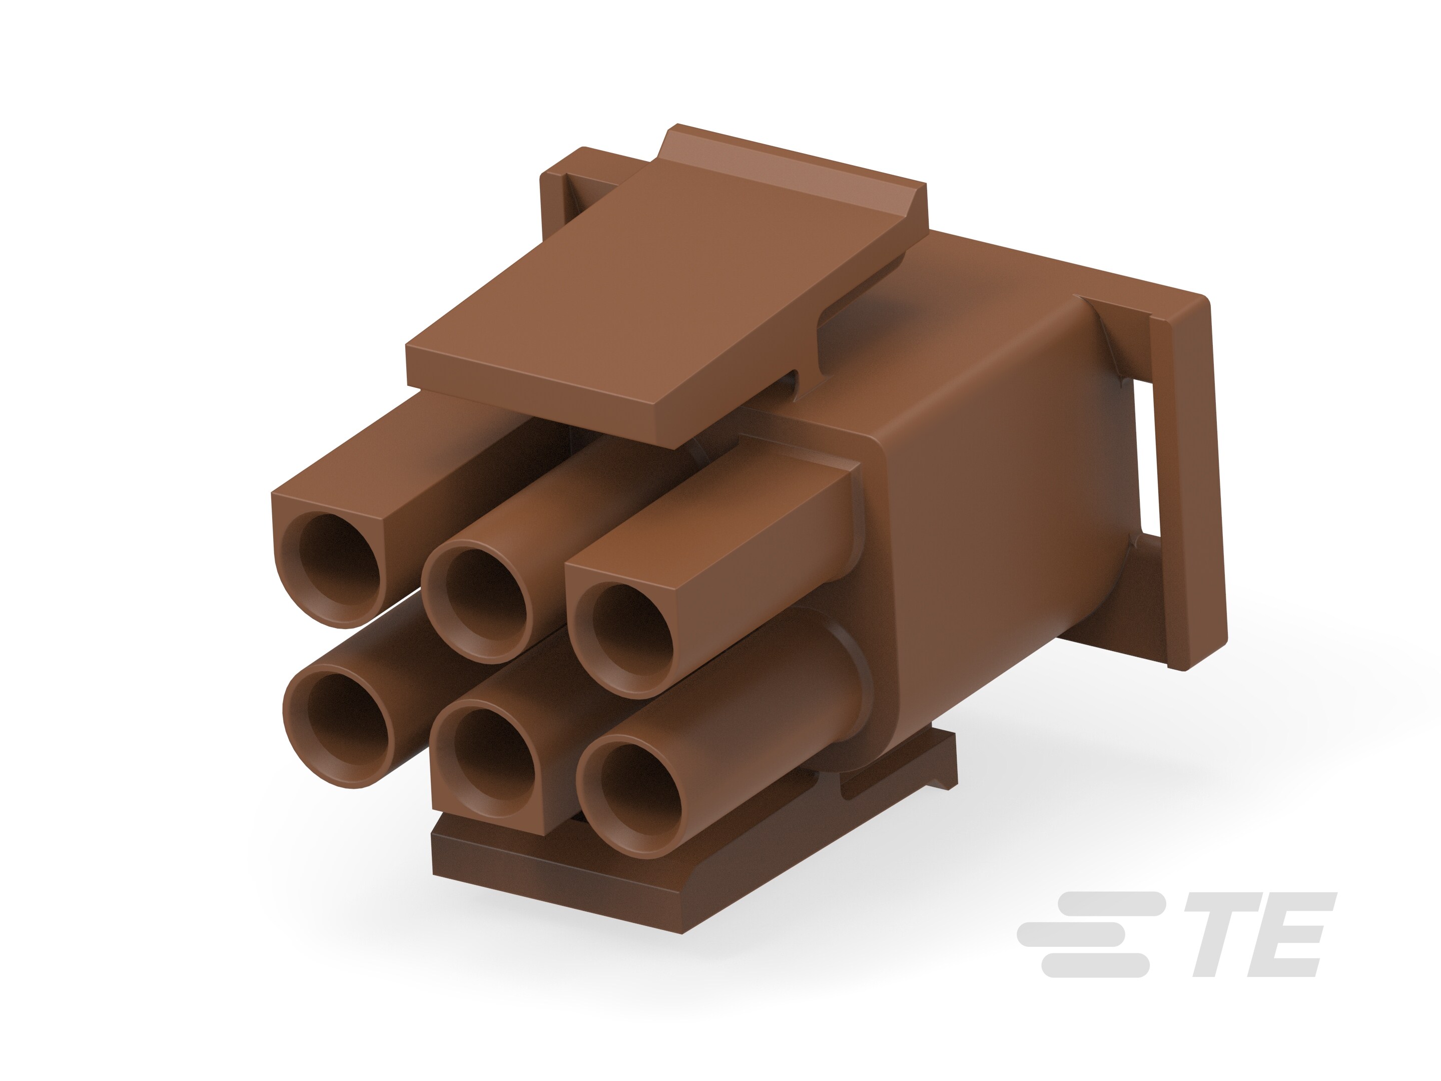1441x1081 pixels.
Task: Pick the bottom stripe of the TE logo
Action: (x=1094, y=965)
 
